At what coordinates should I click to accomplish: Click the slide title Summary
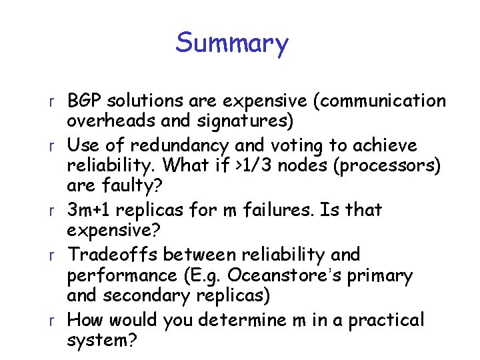(x=232, y=43)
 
